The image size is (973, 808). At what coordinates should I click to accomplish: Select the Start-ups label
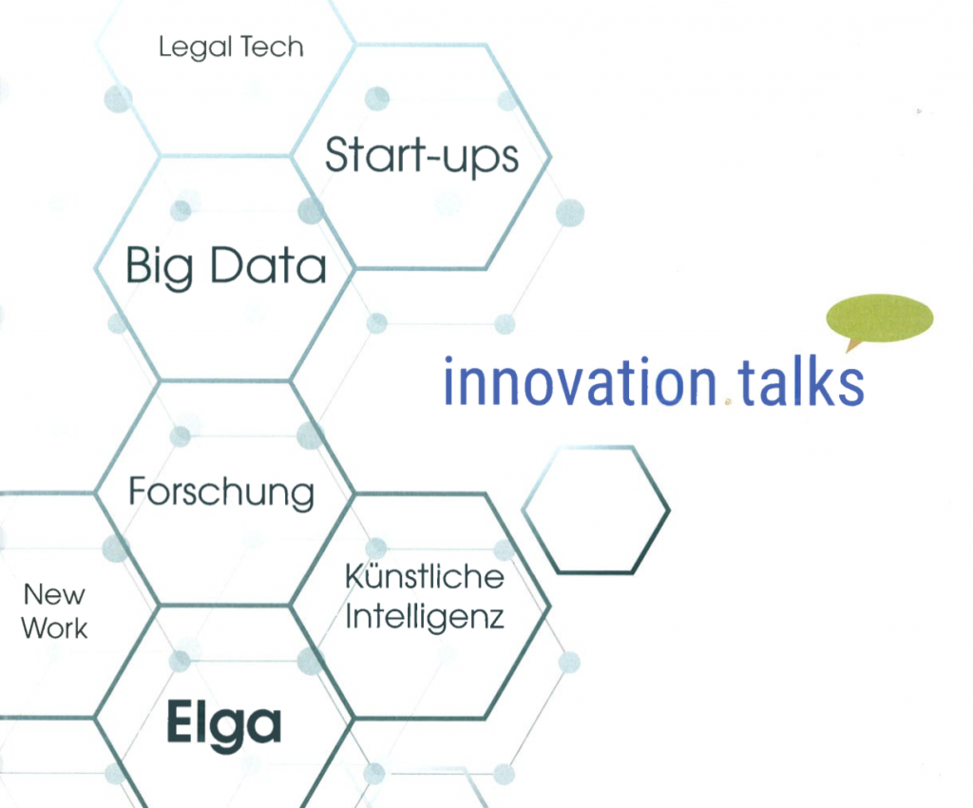(422, 155)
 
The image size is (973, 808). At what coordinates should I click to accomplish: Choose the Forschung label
(220, 492)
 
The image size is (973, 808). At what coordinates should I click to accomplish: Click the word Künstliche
(424, 576)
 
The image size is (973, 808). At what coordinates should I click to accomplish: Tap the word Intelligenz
(424, 616)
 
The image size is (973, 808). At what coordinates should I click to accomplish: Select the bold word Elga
(223, 726)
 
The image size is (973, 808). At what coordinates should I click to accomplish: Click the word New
(54, 595)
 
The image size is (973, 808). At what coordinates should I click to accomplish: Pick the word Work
(54, 628)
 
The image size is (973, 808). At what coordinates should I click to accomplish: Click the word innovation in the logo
(580, 382)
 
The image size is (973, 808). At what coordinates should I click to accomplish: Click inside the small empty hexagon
(597, 510)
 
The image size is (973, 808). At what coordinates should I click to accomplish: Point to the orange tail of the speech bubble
(852, 344)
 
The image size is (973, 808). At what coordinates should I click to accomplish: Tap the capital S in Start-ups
(337, 154)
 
